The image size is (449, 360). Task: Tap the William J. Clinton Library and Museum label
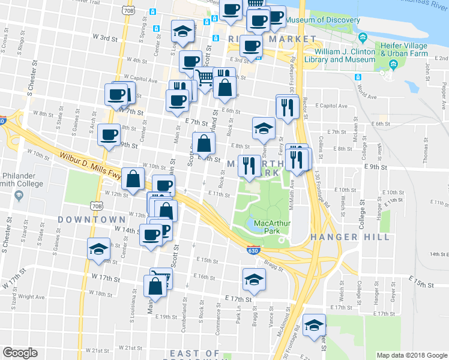pyautogui.click(x=340, y=55)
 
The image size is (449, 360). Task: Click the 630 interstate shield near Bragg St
pyautogui.click(x=253, y=250)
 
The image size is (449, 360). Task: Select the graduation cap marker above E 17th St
pyautogui.click(x=254, y=280)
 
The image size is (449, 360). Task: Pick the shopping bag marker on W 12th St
pyautogui.click(x=133, y=178)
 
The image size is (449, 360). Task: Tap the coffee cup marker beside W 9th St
pyautogui.click(x=109, y=134)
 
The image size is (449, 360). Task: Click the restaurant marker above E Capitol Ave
pyautogui.click(x=287, y=106)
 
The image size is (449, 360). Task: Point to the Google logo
pyautogui.click(x=20, y=353)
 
